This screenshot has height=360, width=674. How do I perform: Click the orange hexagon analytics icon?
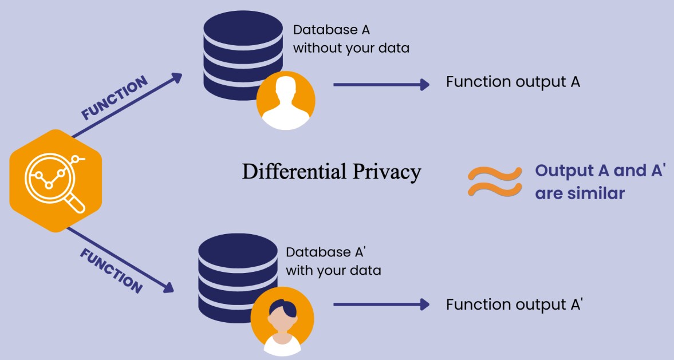56,181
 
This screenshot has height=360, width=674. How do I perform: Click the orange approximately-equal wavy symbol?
494,182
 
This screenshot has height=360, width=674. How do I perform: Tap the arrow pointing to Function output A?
381,85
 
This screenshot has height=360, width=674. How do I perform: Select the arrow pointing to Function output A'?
381,304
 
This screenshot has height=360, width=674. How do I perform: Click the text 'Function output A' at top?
513,82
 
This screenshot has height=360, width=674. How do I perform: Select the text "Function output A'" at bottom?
514,304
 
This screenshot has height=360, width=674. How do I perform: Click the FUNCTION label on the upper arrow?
114,98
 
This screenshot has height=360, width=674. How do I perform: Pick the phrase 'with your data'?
333,270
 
